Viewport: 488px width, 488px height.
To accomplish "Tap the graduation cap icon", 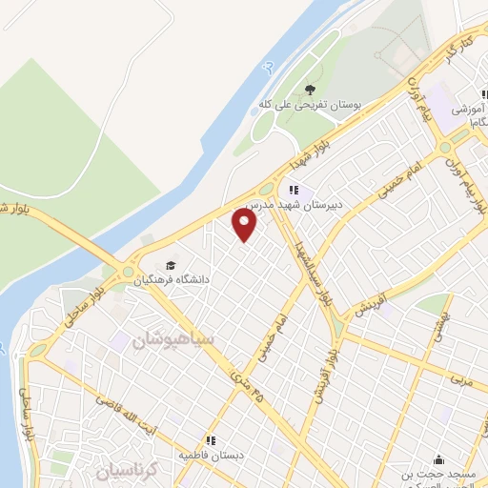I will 171,265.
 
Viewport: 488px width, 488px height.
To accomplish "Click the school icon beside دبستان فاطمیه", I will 212,440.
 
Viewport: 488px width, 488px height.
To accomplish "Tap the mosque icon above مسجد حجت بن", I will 437,460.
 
